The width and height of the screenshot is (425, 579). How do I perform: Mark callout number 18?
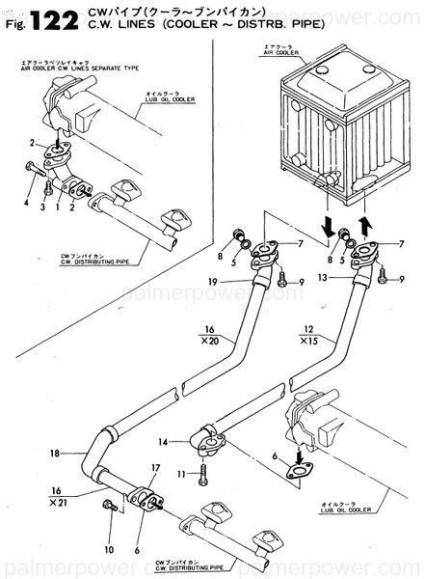[x=53, y=452]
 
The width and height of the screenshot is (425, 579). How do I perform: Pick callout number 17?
[x=154, y=469]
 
